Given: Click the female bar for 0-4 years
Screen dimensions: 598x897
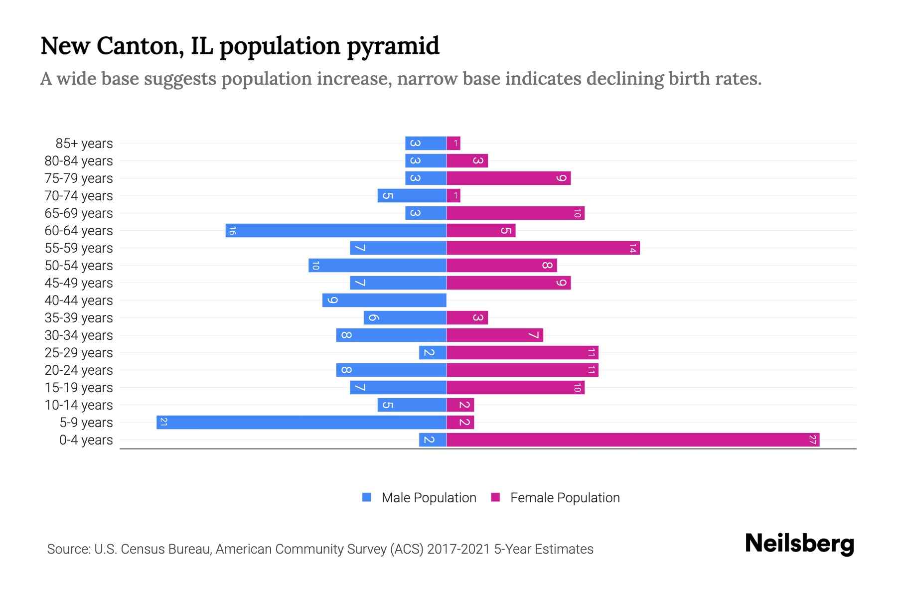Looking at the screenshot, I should (x=633, y=440).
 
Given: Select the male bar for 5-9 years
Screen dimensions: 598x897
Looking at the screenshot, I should (x=301, y=423).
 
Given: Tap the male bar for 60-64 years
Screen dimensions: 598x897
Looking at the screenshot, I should (x=336, y=231).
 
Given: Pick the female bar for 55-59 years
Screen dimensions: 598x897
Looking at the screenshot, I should (x=543, y=248).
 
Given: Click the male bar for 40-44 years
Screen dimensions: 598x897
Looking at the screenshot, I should (x=384, y=300).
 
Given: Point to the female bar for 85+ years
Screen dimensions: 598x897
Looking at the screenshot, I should (x=453, y=144).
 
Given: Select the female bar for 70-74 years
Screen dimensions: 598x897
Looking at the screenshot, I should (x=453, y=196).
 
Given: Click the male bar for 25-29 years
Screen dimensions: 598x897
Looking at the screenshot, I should (x=433, y=353).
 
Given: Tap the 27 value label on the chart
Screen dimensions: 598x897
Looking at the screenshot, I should (x=813, y=440).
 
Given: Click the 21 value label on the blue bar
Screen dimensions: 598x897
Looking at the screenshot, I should (x=163, y=423).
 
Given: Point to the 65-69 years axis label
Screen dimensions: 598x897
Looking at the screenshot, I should (x=79, y=213).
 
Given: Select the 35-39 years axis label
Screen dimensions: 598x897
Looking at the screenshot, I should (x=79, y=318).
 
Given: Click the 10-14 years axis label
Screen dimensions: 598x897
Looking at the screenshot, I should (x=79, y=405).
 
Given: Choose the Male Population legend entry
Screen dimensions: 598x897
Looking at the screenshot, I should (x=429, y=498).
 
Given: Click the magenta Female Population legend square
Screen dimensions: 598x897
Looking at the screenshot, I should (x=495, y=497).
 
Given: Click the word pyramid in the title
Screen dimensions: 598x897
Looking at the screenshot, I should (x=393, y=46).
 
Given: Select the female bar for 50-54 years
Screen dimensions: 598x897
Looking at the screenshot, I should (x=501, y=266).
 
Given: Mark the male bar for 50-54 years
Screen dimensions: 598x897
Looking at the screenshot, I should (x=377, y=266).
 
